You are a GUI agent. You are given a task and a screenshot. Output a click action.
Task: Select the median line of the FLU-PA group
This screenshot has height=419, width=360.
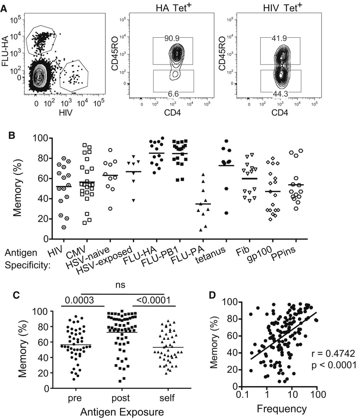pos(203,204)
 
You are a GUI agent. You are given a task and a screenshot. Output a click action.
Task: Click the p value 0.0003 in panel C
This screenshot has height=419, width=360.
pos(78,301)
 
